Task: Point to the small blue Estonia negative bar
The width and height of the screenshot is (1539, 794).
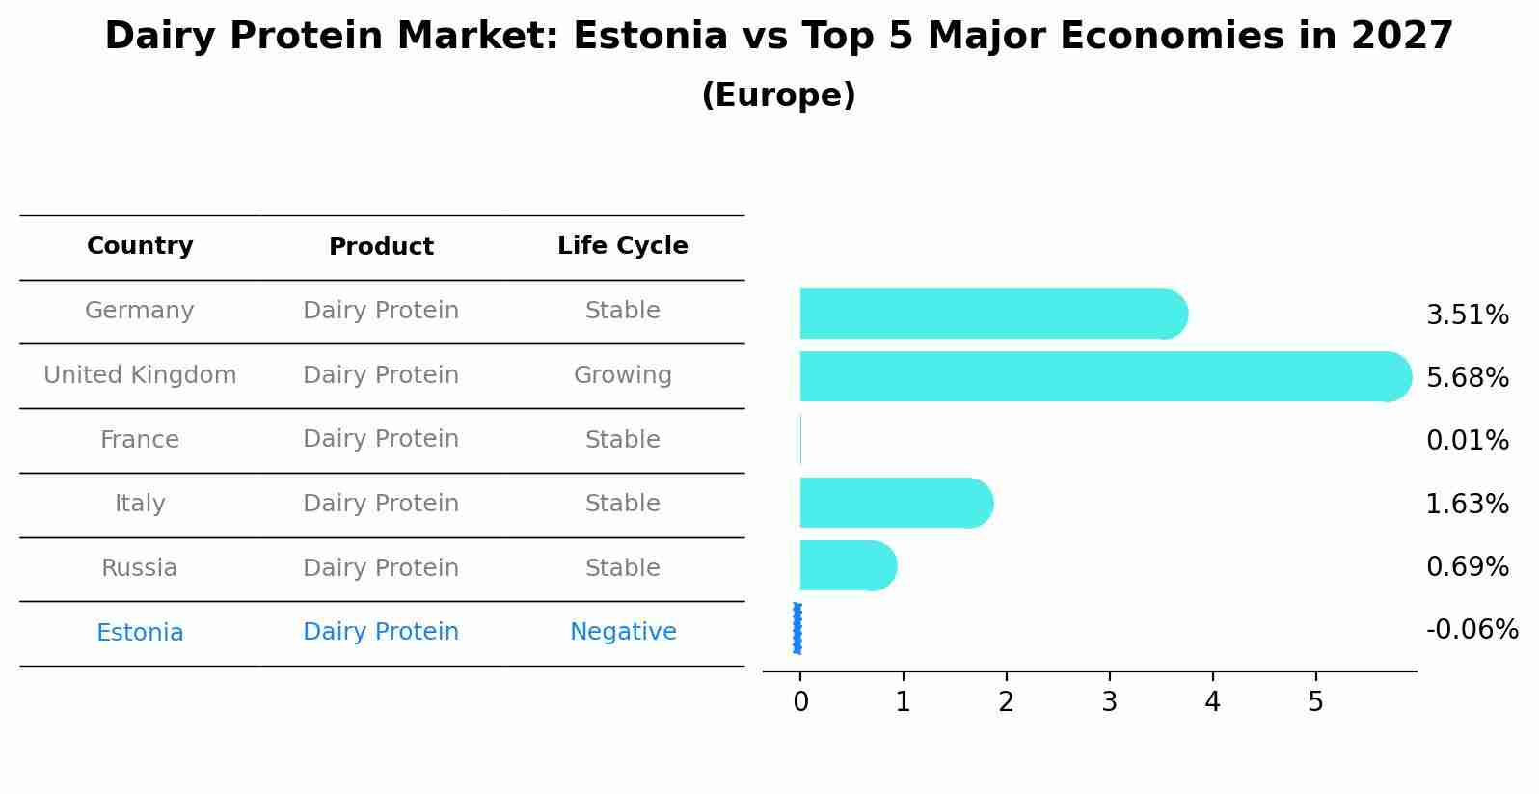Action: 797,629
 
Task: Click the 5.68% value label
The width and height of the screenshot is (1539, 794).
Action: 1467,377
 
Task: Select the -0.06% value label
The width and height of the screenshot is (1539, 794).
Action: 1471,630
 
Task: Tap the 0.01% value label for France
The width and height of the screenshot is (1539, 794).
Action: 1467,441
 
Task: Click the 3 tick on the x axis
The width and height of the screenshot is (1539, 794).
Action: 1109,702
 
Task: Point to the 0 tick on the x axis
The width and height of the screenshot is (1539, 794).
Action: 800,702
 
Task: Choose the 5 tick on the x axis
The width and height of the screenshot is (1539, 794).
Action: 1315,702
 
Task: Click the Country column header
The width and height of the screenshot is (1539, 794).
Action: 140,246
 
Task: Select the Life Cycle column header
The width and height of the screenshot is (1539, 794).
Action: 622,246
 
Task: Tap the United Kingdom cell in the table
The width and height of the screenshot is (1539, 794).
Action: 140,375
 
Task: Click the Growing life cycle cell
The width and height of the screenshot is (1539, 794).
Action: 622,375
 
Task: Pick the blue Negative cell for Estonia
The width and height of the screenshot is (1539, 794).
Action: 622,632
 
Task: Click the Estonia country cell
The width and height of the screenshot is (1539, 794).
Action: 140,633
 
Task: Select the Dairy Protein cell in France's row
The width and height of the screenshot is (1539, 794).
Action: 381,439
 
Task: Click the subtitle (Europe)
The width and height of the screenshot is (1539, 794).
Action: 778,96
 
